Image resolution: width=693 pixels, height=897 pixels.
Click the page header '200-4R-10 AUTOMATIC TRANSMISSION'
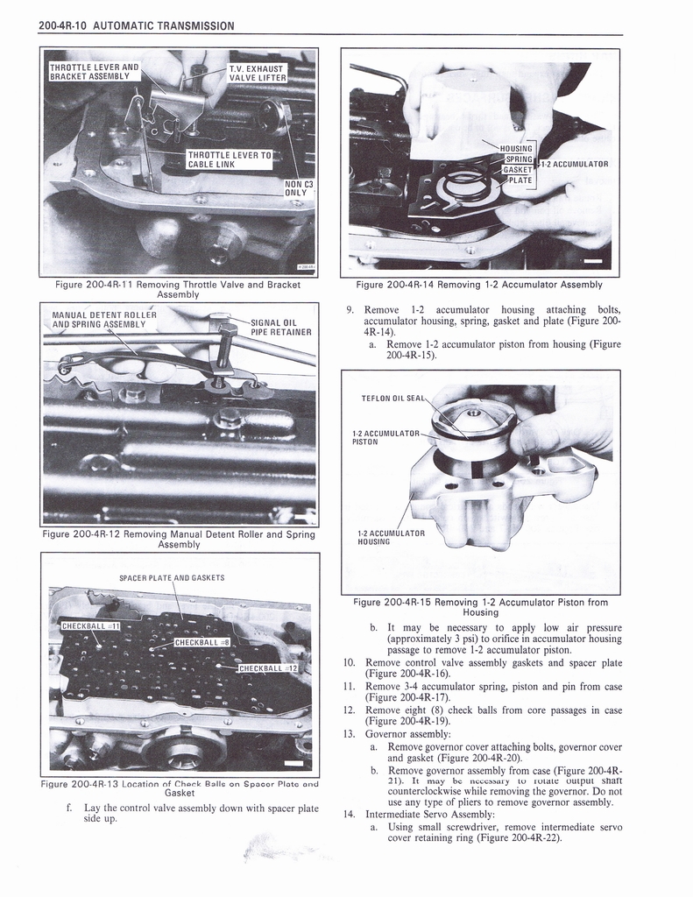point(136,25)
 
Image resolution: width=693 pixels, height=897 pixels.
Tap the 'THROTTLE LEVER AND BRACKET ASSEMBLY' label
point(94,71)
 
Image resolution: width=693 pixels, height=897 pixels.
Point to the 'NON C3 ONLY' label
point(299,188)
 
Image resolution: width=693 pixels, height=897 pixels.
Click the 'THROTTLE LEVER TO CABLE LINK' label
point(230,160)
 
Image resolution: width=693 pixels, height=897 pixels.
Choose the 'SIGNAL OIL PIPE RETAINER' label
point(280,327)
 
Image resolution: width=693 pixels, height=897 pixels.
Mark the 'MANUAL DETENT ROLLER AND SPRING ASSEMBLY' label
point(104,319)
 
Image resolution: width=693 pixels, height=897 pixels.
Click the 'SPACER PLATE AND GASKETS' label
point(172,577)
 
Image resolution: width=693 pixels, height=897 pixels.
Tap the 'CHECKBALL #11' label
point(90,626)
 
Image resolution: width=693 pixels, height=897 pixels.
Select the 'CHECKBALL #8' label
point(202,642)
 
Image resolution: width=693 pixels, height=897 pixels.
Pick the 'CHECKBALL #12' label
point(269,668)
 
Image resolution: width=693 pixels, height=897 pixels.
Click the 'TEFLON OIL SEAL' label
point(392,399)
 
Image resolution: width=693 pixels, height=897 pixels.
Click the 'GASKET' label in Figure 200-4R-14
point(517,169)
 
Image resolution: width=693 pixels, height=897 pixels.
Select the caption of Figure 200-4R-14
point(479,285)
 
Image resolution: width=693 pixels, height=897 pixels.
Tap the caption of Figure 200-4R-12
point(179,539)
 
